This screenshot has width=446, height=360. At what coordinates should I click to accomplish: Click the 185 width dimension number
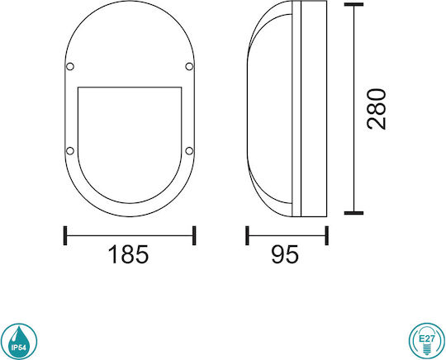point(128,254)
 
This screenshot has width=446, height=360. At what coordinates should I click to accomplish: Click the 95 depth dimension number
point(285,254)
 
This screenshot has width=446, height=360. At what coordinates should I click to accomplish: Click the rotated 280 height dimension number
point(377,109)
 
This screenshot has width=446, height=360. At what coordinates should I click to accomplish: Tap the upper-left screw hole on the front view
point(70,67)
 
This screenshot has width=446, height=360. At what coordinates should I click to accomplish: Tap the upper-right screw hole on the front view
point(189,67)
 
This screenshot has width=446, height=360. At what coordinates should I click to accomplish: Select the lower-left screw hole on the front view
point(70,151)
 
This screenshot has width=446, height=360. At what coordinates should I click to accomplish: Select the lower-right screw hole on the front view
point(189,151)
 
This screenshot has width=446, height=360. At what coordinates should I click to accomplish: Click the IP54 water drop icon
point(19,341)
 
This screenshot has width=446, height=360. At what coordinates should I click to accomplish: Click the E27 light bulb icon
point(427,341)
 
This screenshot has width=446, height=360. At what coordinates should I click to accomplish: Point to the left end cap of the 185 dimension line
point(65,235)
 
